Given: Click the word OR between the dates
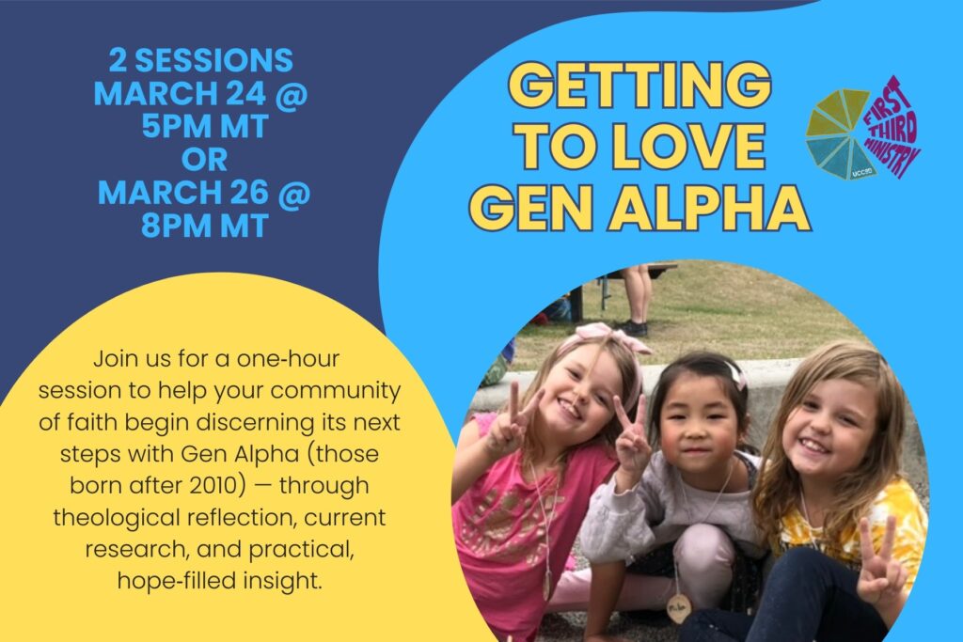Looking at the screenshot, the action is pyautogui.click(x=204, y=160).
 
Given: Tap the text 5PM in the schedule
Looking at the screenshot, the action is pyautogui.click(x=174, y=127).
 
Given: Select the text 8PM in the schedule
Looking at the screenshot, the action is pyautogui.click(x=174, y=226).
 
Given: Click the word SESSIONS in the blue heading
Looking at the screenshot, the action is pyautogui.click(x=213, y=60).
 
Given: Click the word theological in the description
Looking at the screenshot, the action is pyautogui.click(x=120, y=518).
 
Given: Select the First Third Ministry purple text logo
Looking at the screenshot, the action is pyautogui.click(x=893, y=127).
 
